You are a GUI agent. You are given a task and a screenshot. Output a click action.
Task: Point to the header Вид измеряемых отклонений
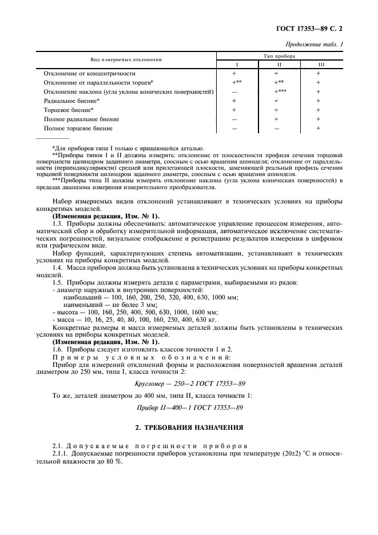(x=126, y=60)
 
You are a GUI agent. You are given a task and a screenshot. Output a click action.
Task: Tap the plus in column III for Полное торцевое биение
(x=319, y=128)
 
